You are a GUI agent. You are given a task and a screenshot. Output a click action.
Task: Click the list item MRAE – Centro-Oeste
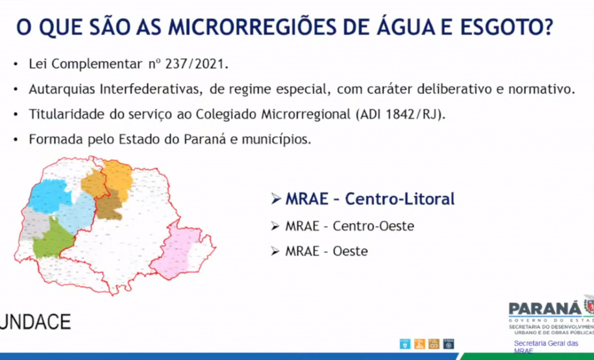(x=349, y=226)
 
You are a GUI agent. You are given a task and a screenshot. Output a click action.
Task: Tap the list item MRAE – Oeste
(x=326, y=250)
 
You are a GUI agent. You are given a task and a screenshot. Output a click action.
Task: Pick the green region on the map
(x=51, y=241)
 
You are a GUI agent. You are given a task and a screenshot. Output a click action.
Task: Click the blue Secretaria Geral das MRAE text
(x=545, y=346)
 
